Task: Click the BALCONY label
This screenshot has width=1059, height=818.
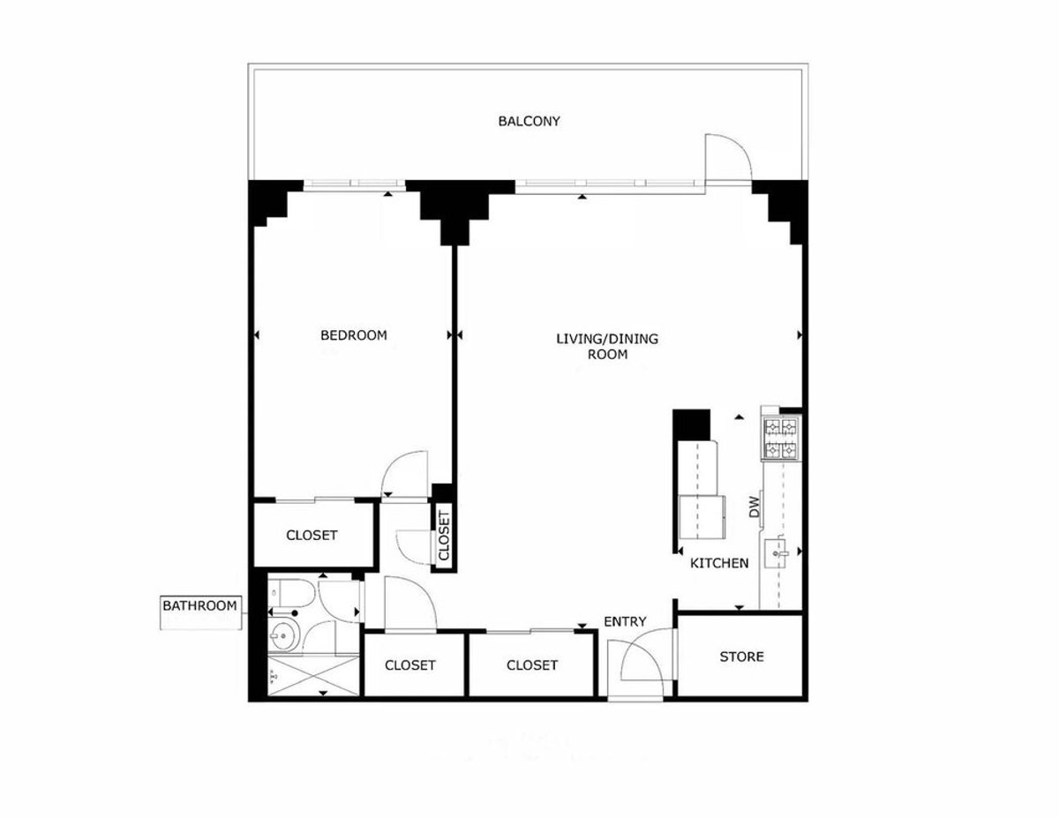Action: pos(529,122)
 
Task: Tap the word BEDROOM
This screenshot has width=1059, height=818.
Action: pos(353,335)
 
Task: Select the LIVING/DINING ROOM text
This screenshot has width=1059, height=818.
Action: pos(607,346)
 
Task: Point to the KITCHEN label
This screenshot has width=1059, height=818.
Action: pos(719,563)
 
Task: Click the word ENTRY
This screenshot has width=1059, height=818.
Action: pos(625,622)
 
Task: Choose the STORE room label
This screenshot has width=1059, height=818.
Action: pos(741,657)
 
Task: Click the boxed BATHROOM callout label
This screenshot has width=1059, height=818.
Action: pos(199,606)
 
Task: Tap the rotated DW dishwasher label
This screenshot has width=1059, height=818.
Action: pos(755,507)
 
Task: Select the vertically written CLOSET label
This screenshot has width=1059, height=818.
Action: pos(444,536)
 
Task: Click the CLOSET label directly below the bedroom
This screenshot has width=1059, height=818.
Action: pos(312,536)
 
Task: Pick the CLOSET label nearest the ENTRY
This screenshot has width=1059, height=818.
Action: pos(532,665)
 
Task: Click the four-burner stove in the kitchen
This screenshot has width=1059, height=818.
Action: pos(780,439)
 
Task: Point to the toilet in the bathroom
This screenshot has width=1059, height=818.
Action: pos(286,597)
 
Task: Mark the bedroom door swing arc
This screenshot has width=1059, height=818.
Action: pos(404,475)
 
